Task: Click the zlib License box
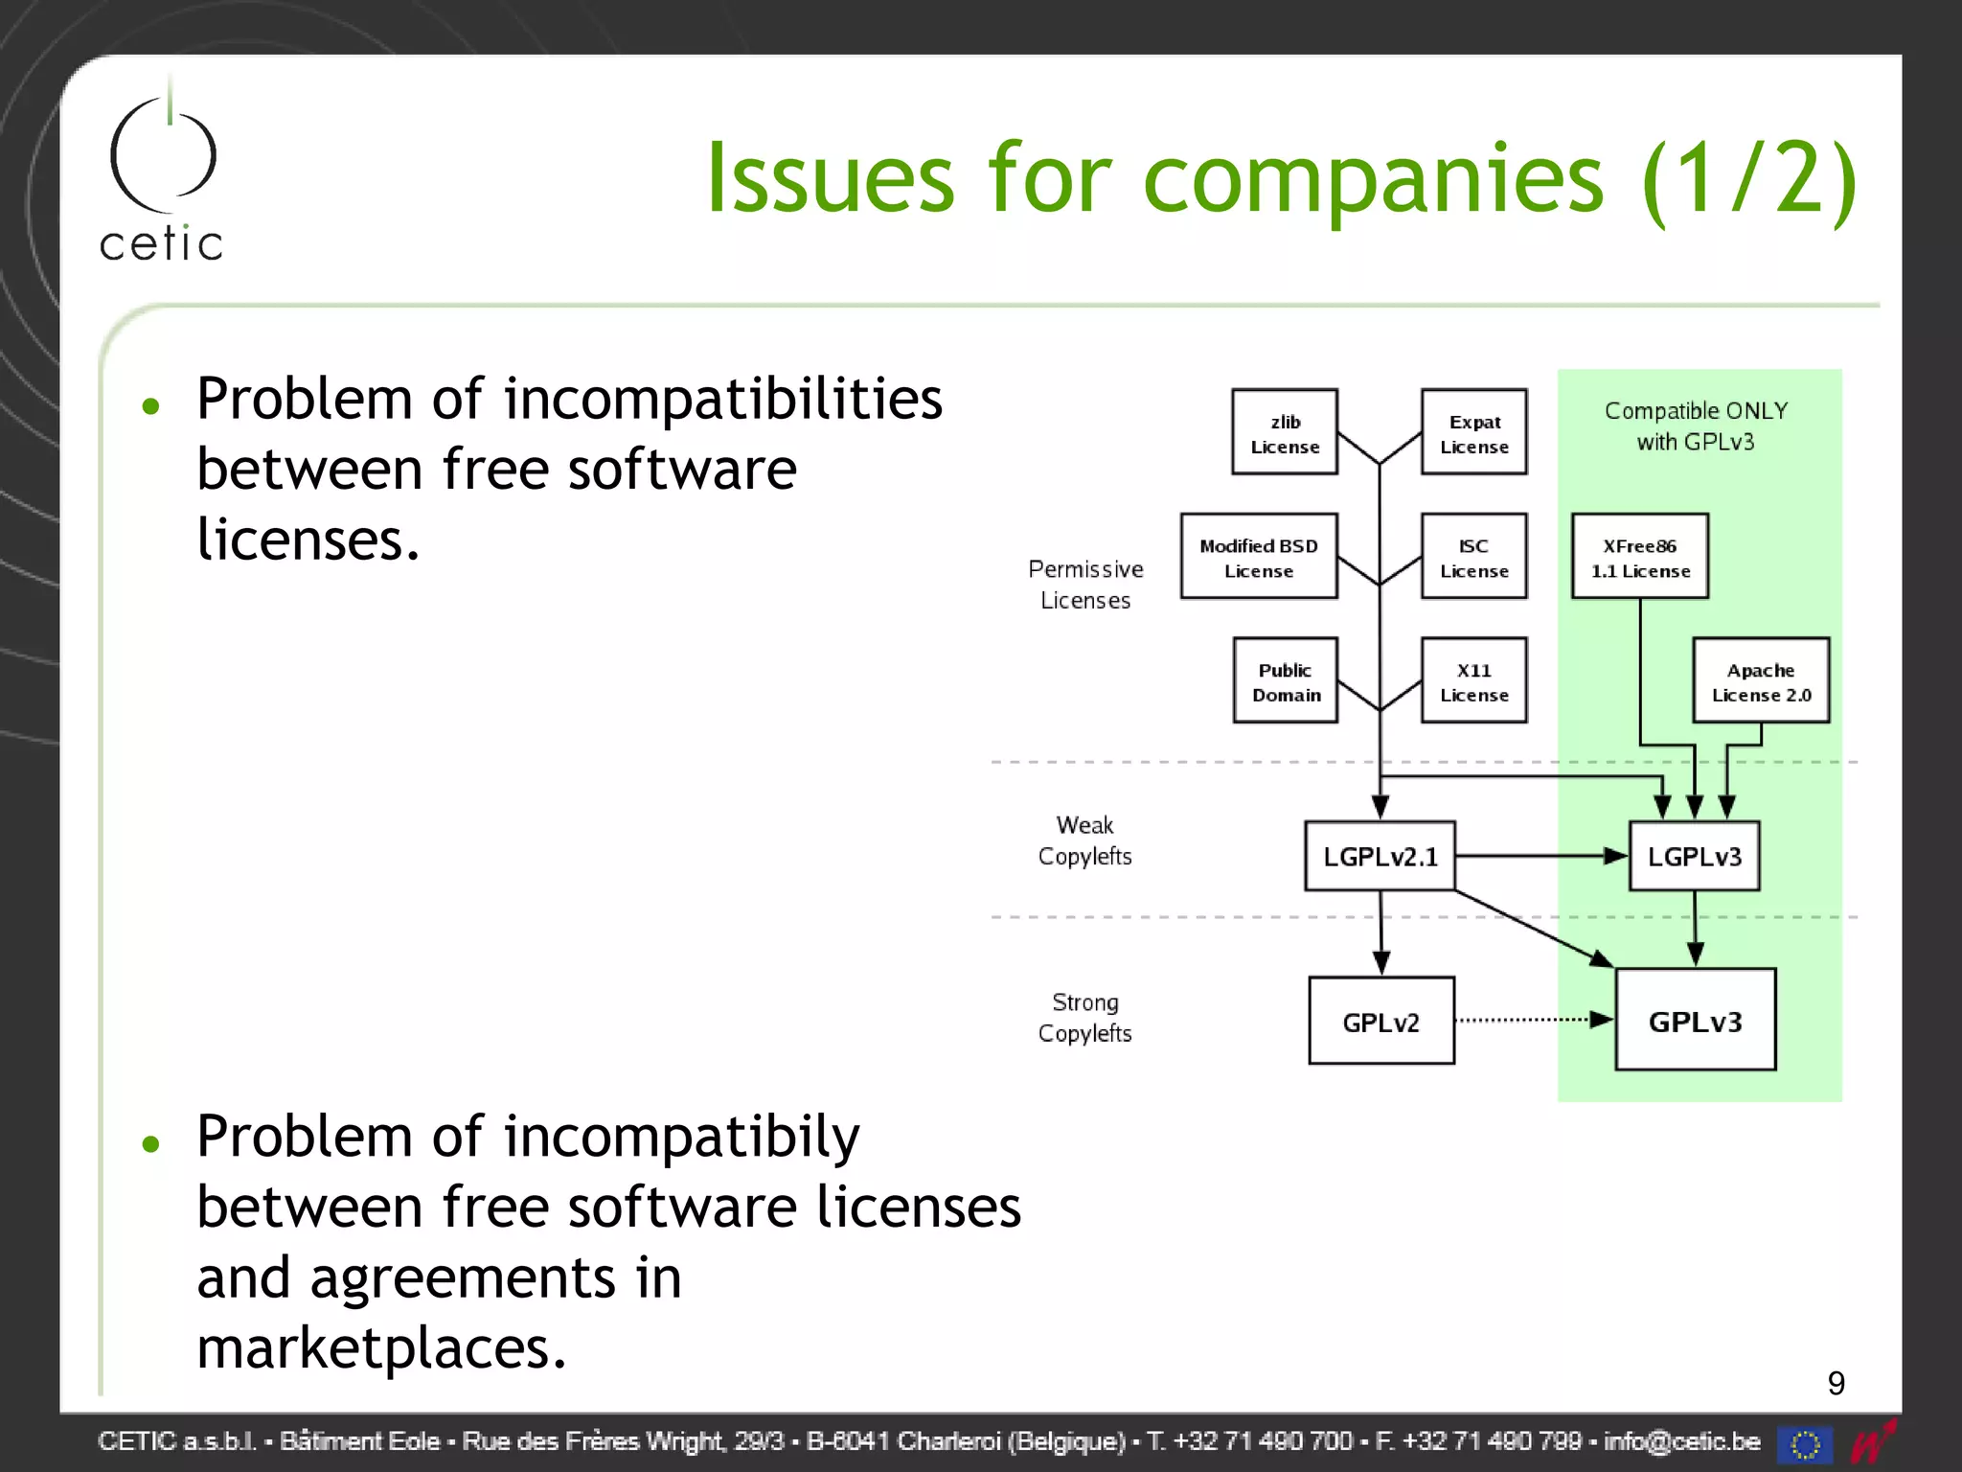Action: (1284, 432)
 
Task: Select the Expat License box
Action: (1473, 432)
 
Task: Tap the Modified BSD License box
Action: (1258, 557)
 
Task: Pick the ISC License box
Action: (1473, 557)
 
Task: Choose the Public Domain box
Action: (1285, 680)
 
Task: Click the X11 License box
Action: (1473, 680)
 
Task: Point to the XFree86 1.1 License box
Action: (1639, 557)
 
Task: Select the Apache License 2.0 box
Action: (1761, 680)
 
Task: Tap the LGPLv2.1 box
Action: (1380, 856)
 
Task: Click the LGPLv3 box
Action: (1694, 856)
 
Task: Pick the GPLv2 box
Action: (1380, 1021)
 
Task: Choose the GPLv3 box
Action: (1695, 1020)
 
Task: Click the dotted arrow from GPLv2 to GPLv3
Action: (1533, 1020)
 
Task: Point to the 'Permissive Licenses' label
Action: (1085, 585)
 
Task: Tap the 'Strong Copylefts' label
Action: (1085, 1018)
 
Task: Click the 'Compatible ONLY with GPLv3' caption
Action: (1696, 425)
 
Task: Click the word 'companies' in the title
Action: (1373, 179)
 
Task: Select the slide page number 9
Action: (1836, 1383)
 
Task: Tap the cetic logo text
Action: (161, 243)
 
